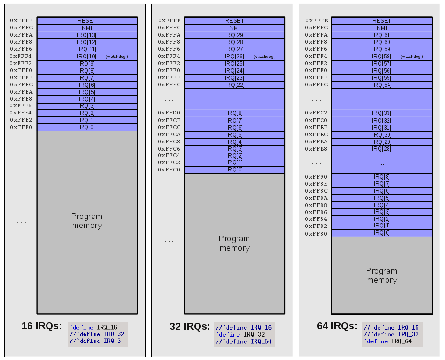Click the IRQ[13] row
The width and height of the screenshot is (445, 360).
87,35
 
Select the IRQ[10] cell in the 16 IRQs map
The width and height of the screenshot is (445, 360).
87,57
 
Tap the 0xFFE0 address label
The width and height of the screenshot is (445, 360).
22,127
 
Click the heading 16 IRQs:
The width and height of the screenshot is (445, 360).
42,326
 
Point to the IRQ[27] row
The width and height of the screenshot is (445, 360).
235,49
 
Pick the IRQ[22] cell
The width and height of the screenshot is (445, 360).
235,85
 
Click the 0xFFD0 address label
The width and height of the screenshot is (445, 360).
170,113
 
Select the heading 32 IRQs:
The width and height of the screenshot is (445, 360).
189,327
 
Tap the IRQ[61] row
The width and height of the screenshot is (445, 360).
382,35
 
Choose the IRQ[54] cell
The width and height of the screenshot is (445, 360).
382,85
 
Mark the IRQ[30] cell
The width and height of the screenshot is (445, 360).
382,135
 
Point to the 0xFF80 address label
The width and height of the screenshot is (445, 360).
317,234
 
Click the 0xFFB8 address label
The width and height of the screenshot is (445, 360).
317,149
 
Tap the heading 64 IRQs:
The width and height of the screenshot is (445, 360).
337,326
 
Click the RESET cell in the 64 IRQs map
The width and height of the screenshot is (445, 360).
382,21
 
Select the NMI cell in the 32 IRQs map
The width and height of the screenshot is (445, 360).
235,28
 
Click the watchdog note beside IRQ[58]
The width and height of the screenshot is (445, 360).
411,57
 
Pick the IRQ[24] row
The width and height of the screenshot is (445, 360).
235,71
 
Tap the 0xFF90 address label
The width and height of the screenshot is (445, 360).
317,177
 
